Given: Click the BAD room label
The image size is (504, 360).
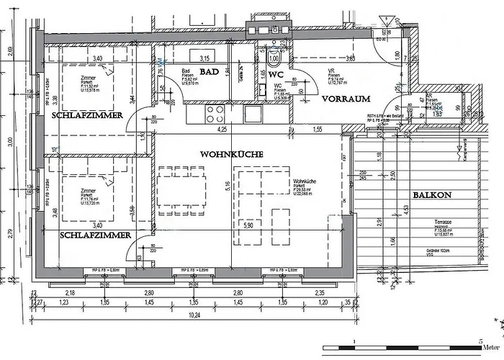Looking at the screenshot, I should [210, 72].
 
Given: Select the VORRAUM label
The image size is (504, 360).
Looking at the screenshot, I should [346, 99].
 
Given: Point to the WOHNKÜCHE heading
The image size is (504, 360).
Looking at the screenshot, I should [231, 154].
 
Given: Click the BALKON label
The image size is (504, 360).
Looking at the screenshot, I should [432, 195].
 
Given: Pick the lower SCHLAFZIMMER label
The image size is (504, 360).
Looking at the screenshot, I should [95, 235].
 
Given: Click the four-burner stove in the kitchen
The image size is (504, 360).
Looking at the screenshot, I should [215, 114].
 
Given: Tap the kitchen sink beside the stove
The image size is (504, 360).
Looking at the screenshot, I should [252, 114].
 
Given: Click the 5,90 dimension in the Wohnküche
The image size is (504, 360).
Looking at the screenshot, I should [248, 226].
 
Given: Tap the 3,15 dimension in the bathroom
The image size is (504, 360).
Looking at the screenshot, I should [204, 58].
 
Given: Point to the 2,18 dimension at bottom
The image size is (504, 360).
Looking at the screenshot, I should [71, 294].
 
